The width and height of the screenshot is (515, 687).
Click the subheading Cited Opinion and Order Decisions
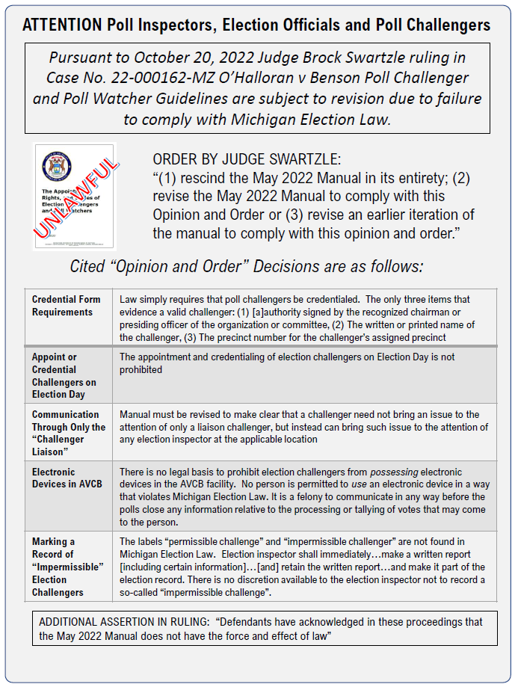(246, 266)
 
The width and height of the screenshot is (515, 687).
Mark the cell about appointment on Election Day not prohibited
(299, 363)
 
